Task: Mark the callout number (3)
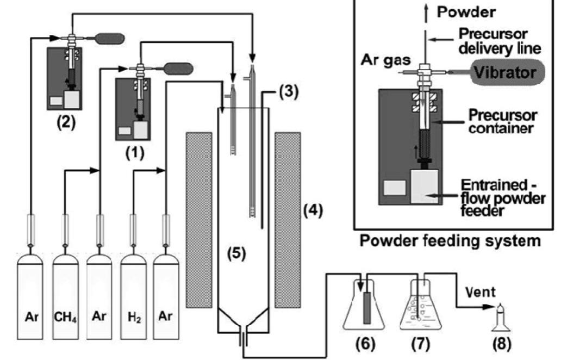point(289,92)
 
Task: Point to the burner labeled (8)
point(501,320)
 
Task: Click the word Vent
point(480,293)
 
